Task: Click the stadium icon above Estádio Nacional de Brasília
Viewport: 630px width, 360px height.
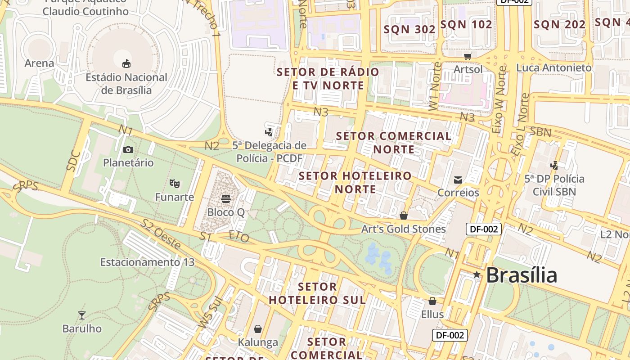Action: click(x=126, y=63)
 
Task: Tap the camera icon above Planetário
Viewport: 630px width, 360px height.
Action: click(x=128, y=149)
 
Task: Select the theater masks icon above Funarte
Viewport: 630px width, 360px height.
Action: click(x=175, y=184)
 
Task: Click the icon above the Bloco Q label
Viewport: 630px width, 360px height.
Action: click(x=226, y=198)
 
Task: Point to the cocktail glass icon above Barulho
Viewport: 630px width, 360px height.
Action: click(x=82, y=315)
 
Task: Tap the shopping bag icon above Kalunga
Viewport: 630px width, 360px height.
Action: click(x=258, y=329)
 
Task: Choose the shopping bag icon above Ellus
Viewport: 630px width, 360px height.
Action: click(x=432, y=301)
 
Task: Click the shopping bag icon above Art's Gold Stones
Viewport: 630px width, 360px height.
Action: click(x=404, y=216)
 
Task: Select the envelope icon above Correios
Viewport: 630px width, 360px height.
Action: click(x=458, y=180)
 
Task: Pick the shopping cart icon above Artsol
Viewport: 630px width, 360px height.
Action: click(x=468, y=56)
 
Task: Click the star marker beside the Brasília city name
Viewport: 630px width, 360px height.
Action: click(x=477, y=274)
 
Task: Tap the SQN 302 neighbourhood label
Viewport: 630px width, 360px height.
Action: click(x=409, y=29)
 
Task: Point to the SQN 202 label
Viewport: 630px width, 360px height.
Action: click(x=559, y=25)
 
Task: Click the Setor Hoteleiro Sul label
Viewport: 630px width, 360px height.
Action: click(x=317, y=293)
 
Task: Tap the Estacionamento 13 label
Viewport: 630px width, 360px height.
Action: click(x=147, y=262)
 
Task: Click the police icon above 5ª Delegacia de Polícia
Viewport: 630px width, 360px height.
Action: click(x=269, y=132)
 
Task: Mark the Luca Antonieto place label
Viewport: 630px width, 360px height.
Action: click(x=553, y=67)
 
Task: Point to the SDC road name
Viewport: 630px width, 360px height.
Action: click(x=73, y=161)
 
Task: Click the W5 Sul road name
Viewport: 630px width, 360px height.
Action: click(x=211, y=312)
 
